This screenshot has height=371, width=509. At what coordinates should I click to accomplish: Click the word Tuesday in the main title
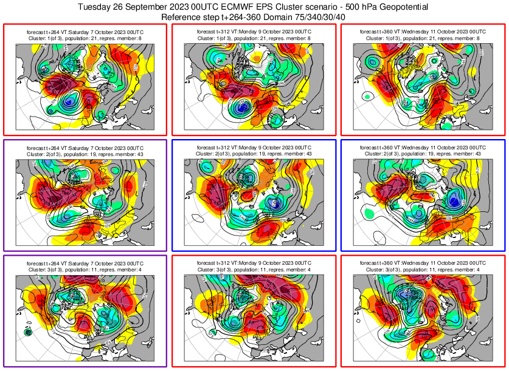97,7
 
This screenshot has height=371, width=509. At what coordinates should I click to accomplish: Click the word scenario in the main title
320,7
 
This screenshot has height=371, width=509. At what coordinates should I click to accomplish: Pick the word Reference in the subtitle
183,17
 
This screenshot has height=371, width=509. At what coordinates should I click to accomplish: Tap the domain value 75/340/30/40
323,17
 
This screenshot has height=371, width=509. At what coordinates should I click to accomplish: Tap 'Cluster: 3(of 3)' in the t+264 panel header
46,270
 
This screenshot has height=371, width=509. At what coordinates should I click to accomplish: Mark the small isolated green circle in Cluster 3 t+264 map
27,332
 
